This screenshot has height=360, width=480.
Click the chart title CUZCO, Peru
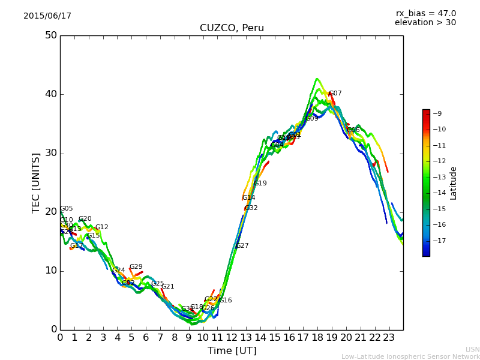click(232, 28)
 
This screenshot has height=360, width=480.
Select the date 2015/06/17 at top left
click(47, 16)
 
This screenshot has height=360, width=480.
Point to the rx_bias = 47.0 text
click(425, 14)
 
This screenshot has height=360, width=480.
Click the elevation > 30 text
click(425, 23)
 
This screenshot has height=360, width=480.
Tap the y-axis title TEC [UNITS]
click(36, 183)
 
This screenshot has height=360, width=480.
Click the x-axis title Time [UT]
click(232, 351)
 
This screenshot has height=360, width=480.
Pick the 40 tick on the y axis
click(50, 94)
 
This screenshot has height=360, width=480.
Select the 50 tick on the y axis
click(50, 35)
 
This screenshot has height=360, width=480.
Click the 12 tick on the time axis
click(232, 338)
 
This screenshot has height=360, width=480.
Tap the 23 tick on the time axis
click(389, 338)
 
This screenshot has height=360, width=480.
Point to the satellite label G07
click(335, 94)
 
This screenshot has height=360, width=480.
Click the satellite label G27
click(242, 246)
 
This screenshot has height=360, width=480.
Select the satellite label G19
click(260, 184)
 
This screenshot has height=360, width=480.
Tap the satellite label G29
click(136, 267)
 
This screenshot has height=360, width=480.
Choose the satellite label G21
click(167, 287)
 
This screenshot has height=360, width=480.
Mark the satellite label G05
click(66, 209)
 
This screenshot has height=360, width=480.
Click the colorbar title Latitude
click(454, 183)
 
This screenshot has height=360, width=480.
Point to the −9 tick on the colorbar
click(438, 113)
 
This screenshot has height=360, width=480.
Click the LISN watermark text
click(472, 349)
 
